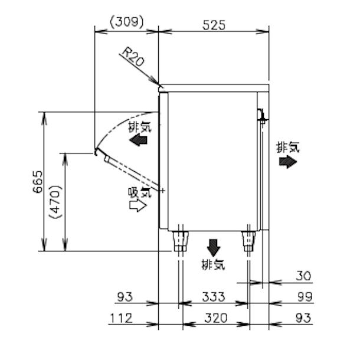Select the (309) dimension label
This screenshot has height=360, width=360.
(x=126, y=22)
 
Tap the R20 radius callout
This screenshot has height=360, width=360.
(x=132, y=57)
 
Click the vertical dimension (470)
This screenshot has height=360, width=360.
(x=57, y=202)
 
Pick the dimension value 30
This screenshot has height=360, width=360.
(x=304, y=276)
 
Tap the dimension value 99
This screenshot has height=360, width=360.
(x=303, y=296)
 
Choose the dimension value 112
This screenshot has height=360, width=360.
(x=120, y=318)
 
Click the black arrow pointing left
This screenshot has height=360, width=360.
(x=139, y=140)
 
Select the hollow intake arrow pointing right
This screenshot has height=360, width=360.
(x=138, y=205)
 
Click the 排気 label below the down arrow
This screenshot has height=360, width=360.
(x=213, y=264)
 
